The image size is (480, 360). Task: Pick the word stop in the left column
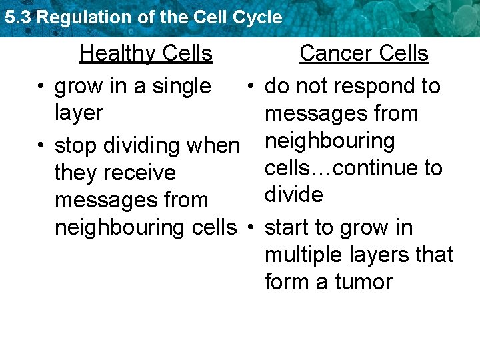76,146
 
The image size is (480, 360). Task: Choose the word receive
144,173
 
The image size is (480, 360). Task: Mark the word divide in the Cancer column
294,195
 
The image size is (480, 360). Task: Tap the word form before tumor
288,282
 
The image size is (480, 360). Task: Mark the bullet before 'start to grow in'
250,228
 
